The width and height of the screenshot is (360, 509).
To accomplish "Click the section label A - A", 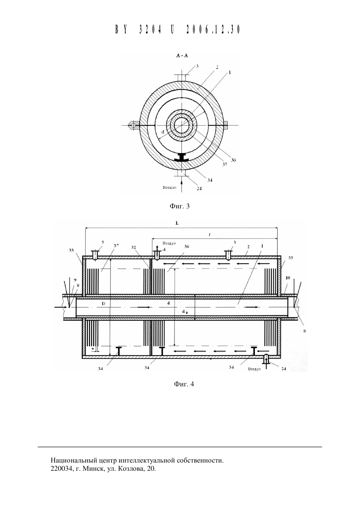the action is click(182, 56).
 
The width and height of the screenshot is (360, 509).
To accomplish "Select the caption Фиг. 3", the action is click(180, 206).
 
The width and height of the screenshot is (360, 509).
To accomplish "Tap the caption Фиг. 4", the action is click(184, 384).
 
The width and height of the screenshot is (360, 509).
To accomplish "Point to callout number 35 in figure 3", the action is click(225, 164).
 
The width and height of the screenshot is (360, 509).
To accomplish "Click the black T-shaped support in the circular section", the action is click(181, 157).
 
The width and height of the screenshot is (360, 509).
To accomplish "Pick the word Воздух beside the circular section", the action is click(169, 187).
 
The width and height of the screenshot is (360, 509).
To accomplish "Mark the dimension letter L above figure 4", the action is click(177, 223).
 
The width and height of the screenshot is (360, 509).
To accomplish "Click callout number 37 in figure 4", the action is click(116, 245).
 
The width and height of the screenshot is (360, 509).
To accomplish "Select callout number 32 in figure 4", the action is click(133, 247).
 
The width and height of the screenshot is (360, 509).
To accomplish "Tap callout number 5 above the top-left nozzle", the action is click(103, 242).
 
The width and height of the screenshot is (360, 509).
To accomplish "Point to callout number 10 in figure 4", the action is click(288, 278).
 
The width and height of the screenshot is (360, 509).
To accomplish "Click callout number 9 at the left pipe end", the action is click(75, 280).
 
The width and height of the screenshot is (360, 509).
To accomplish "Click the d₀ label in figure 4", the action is click(185, 312).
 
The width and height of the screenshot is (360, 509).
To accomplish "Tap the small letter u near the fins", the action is click(93, 348).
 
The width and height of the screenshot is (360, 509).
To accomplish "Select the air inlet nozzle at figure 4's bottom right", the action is click(266, 359).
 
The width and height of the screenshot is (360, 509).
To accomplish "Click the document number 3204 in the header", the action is click(150, 29).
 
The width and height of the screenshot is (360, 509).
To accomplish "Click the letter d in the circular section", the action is click(163, 132).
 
